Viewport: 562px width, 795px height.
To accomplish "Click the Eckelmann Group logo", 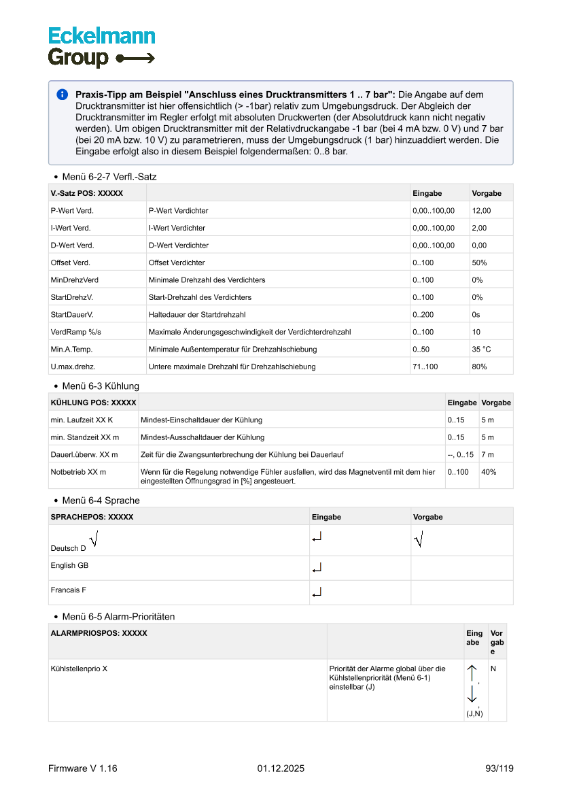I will [x=101, y=47].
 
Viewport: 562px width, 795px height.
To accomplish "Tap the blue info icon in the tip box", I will [x=62, y=95].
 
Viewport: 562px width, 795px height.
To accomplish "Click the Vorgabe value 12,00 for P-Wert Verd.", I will [x=481, y=211].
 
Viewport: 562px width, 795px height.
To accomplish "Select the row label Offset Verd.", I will [x=71, y=263].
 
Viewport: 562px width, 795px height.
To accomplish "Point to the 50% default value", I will [x=479, y=263].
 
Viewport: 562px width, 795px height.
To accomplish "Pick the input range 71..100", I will [x=425, y=367].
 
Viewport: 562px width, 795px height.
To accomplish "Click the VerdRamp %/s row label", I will [x=75, y=332].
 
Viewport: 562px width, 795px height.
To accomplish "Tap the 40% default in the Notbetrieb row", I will [x=489, y=472].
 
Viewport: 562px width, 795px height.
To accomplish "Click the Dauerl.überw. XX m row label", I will [x=84, y=454].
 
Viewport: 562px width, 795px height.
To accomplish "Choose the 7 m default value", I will [x=487, y=454].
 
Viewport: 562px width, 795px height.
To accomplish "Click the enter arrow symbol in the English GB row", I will [x=317, y=568].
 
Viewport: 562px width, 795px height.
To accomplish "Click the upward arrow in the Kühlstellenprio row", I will [x=472, y=673].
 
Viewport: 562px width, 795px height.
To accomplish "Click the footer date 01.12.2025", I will [x=281, y=768].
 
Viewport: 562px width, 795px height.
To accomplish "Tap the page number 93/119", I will [x=499, y=768].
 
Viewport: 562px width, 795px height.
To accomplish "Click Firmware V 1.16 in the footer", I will [x=83, y=768].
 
